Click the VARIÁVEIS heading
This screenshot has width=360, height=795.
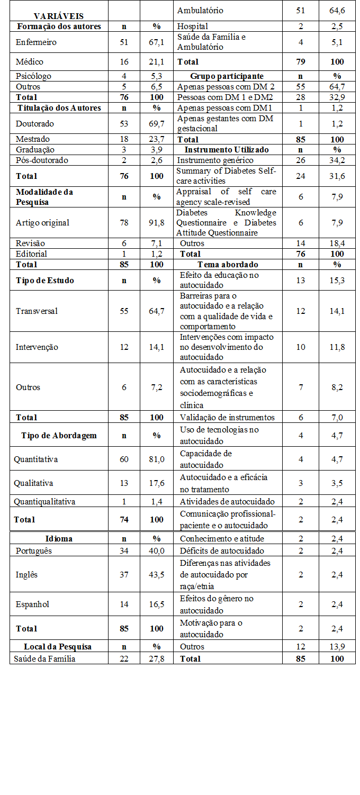[58, 16]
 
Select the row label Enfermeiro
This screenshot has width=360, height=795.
[36, 42]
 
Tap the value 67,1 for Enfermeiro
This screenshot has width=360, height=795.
[157, 42]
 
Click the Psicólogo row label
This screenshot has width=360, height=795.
[34, 76]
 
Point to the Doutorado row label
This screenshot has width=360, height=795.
[35, 123]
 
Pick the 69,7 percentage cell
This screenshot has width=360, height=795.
[157, 123]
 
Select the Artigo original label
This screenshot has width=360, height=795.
[42, 222]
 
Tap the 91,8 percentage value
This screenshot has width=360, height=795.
[157, 222]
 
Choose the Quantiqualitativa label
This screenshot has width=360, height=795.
[44, 501]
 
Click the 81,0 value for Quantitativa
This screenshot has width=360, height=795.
[157, 459]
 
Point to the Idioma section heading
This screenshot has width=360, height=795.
[59, 539]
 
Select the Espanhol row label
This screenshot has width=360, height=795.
[33, 604]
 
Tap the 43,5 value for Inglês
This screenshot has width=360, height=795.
[157, 574]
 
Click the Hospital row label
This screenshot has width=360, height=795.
[193, 26]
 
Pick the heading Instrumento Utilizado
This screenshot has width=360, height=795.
[227, 150]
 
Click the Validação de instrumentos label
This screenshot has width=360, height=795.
[227, 417]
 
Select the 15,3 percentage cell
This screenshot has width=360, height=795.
[337, 280]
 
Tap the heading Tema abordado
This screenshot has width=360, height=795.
[228, 264]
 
